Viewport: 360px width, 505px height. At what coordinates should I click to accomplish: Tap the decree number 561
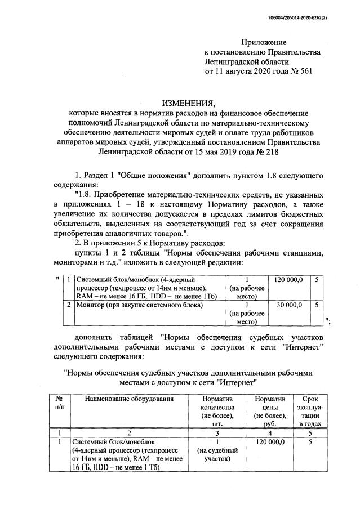(x=301, y=71)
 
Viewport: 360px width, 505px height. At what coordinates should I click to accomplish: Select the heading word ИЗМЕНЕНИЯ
(x=189, y=103)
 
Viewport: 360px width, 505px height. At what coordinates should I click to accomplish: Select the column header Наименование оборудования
(x=129, y=399)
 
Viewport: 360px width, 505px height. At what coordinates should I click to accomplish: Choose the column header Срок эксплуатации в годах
(x=310, y=410)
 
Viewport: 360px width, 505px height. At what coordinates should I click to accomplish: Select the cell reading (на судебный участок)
(x=217, y=455)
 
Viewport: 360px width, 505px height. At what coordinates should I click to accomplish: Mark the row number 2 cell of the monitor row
(x=68, y=305)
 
